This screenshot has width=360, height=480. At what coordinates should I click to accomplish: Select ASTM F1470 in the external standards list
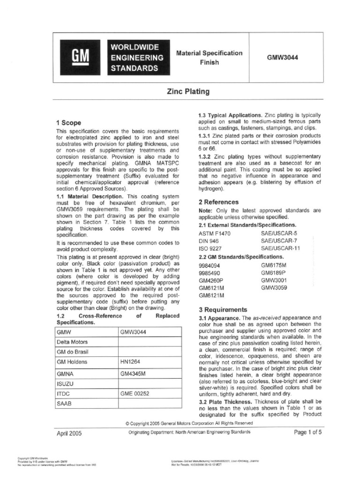pos(214,232)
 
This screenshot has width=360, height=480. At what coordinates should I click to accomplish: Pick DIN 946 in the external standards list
pos(209,240)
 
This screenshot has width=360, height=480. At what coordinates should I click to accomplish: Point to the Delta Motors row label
pos(72,342)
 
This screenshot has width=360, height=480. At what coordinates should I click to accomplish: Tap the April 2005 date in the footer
pos(69,433)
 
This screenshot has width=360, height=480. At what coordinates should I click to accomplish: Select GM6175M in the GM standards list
pos(273,265)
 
